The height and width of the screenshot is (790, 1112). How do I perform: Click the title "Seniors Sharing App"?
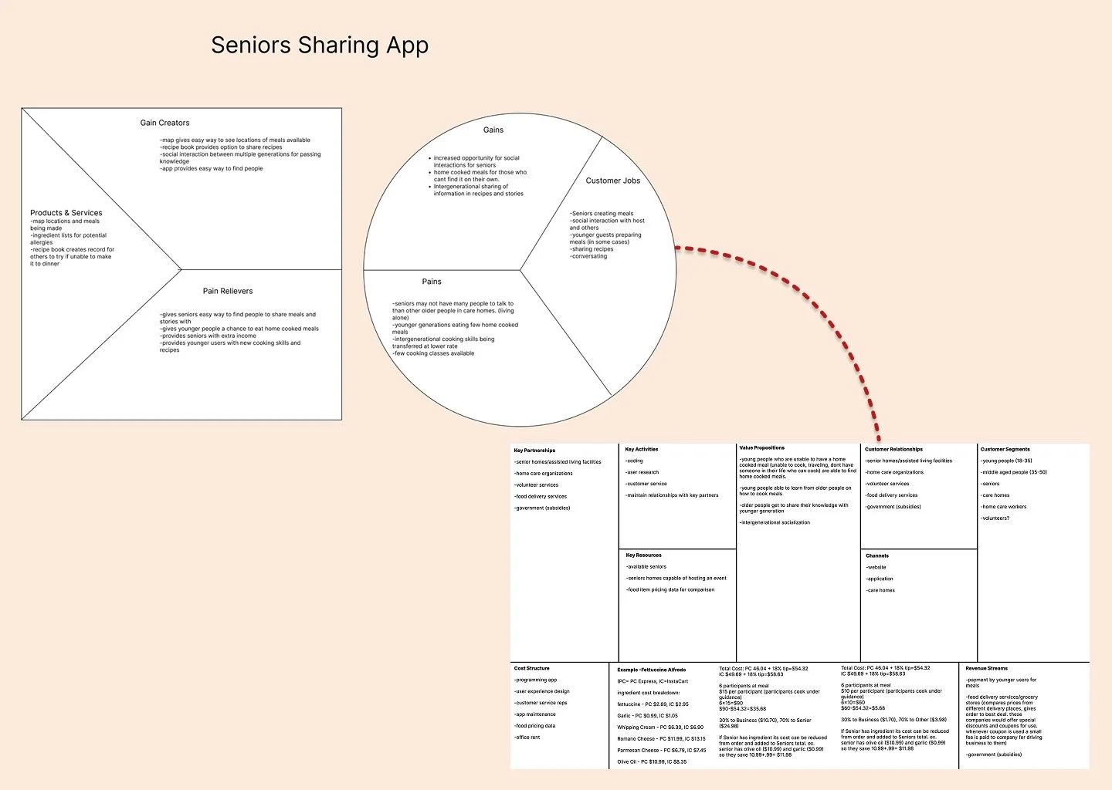click(320, 46)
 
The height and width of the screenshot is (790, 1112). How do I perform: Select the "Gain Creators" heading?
click(164, 123)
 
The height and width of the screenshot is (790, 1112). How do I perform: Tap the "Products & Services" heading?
click(66, 213)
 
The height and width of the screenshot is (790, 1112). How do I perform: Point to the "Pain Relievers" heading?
click(228, 291)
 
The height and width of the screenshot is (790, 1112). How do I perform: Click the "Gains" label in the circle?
click(493, 130)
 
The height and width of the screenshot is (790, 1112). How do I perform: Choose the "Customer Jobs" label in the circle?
click(612, 181)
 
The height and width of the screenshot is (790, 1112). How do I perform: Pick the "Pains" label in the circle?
click(432, 282)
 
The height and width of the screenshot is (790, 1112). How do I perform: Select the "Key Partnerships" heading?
click(534, 451)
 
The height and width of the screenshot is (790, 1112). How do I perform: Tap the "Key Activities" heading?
click(642, 449)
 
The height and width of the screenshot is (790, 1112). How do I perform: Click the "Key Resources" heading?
click(643, 555)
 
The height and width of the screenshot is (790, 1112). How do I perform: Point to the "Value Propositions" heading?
click(761, 447)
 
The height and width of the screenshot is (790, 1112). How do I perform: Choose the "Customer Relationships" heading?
click(893, 449)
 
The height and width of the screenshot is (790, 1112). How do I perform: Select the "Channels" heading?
click(877, 555)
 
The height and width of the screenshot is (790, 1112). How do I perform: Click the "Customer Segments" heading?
click(1005, 449)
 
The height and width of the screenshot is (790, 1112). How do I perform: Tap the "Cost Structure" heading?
click(532, 668)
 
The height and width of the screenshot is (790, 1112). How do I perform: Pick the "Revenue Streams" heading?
click(986, 668)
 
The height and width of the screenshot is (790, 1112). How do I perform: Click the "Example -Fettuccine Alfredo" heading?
click(651, 670)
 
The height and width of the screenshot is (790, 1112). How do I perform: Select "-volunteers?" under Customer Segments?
click(995, 518)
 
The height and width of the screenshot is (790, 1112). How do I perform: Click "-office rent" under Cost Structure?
click(527, 738)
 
